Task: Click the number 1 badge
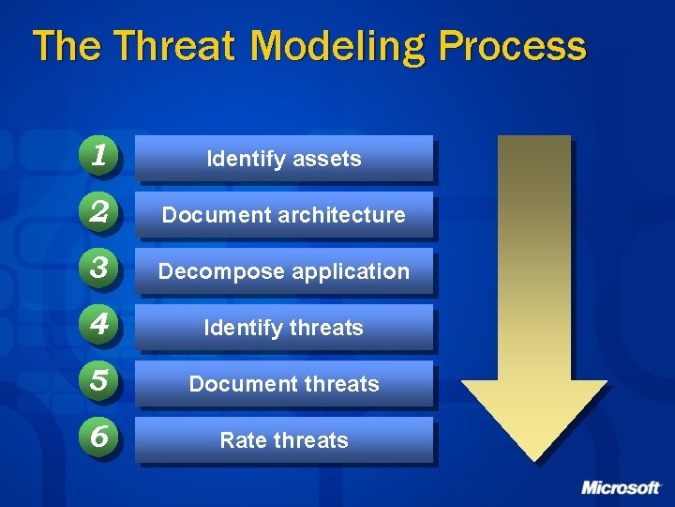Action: coord(98,157)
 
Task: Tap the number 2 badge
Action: coord(98,213)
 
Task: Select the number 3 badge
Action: coord(98,269)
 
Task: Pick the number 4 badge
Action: coord(98,326)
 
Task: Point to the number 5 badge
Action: coord(98,382)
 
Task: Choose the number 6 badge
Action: coord(98,438)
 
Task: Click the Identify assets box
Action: coord(283,159)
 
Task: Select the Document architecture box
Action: coord(283,215)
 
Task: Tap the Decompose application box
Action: coord(283,271)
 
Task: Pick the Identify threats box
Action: coord(283,328)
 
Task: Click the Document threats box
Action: coord(283,384)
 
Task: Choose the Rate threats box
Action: coord(283,440)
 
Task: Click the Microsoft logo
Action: coord(621,487)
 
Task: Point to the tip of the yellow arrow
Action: coord(534,457)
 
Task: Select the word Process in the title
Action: coord(511,45)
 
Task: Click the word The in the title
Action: coord(63,45)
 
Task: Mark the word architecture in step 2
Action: coord(348,215)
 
